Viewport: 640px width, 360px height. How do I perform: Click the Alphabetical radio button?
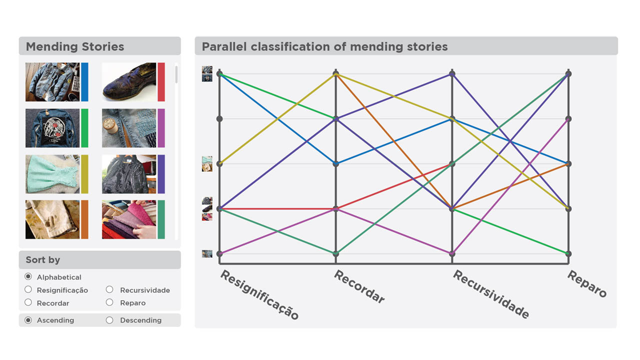28,276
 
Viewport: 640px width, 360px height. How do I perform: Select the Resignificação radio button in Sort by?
28,289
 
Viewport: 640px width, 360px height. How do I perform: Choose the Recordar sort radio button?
28,302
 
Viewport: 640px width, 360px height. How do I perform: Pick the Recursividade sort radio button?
109,289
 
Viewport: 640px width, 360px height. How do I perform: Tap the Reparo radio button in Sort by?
109,302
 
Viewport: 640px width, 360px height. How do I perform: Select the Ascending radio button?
28,320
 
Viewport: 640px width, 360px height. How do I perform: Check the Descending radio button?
109,320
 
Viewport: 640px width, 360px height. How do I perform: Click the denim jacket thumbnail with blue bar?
52,82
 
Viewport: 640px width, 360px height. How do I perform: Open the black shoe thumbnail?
129,82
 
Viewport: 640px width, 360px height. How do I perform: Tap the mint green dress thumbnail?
52,174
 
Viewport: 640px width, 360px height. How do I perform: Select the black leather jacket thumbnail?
129,174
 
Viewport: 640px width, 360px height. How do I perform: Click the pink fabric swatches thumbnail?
129,219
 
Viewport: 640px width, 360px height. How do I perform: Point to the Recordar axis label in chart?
359,286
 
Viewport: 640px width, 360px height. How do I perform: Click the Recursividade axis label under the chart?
490,294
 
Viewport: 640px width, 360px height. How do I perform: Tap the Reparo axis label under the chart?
586,283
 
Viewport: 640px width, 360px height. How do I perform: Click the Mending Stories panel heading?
75,46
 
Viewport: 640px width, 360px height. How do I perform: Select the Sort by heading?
43,259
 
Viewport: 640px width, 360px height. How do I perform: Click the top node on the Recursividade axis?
452,74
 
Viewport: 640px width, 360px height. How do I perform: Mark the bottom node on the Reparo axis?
568,253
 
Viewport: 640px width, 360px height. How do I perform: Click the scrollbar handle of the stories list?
176,74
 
